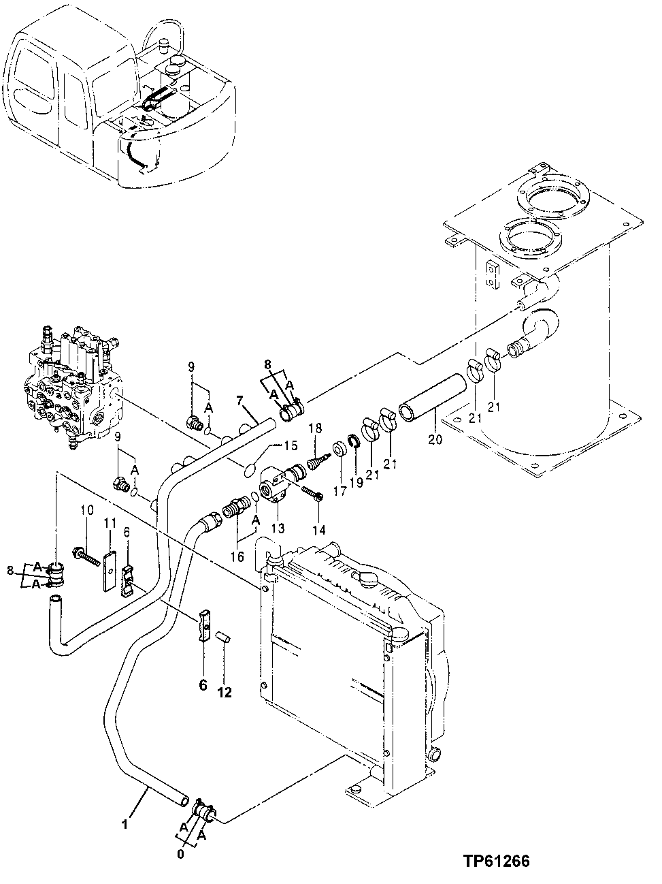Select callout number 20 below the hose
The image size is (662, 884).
435,440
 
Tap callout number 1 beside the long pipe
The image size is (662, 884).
124,825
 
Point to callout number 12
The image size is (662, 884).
225,693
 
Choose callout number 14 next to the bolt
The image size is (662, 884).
318,529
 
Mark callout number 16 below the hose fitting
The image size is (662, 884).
236,556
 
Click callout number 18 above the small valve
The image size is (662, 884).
314,428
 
